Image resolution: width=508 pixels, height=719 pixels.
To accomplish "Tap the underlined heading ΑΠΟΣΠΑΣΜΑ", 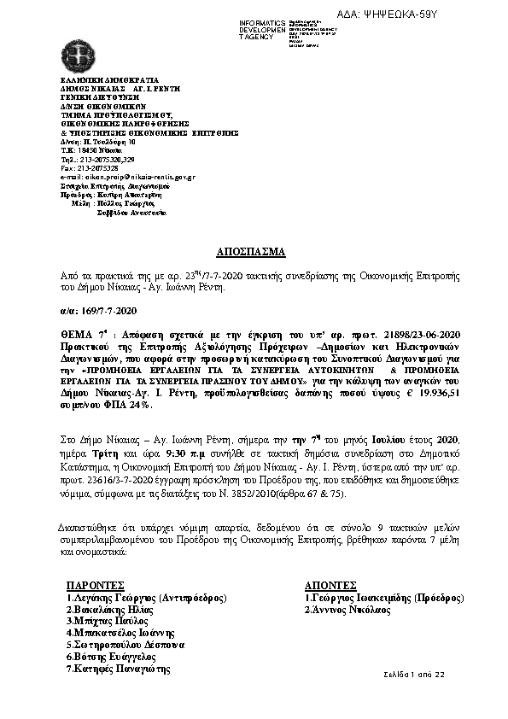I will [254, 254].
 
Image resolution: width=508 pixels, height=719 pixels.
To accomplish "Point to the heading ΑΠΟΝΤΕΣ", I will [330, 585].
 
